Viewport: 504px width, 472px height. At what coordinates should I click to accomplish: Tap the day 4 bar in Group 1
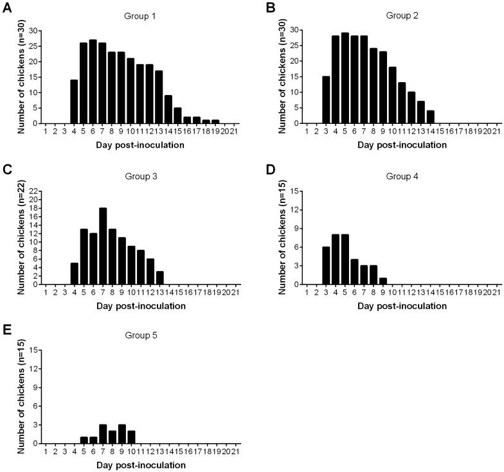point(75,101)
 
